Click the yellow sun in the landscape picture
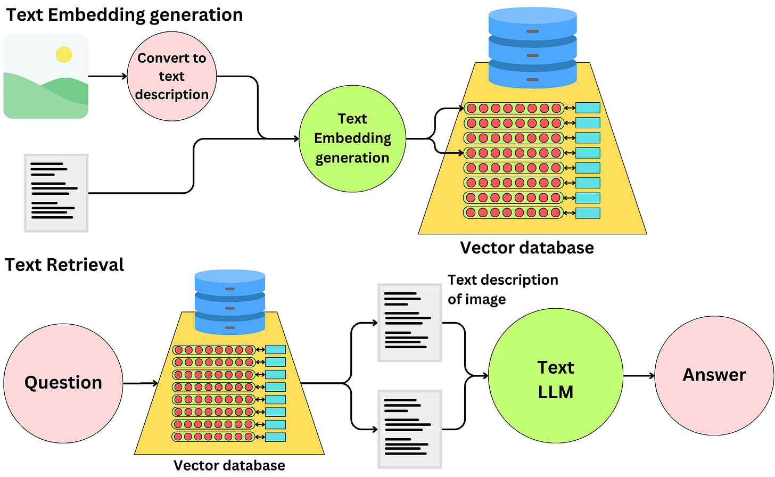64,54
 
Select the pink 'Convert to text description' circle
172,76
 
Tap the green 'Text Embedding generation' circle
352,138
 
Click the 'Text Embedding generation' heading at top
124,14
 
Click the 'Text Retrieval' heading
64,265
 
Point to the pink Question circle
63,383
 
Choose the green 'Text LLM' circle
555,379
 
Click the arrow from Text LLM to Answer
638,376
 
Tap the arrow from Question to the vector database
141,383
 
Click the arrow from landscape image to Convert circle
108,76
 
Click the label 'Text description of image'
502,289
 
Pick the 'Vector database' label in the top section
527,248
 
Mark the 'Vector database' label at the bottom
229,465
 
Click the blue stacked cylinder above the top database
532,48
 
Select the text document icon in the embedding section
56,193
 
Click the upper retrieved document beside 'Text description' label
409,323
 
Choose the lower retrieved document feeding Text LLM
409,429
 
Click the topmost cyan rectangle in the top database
588,108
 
